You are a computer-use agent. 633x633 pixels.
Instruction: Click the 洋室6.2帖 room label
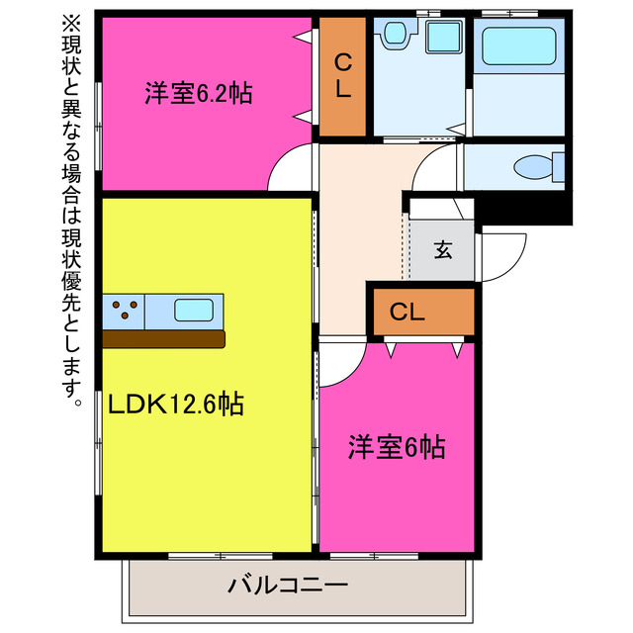pos(198,95)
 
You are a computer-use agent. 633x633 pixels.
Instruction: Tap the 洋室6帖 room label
pos(396,447)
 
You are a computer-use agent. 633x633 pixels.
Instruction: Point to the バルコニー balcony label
pos(288,585)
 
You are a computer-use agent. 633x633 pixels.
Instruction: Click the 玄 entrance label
pos(442,250)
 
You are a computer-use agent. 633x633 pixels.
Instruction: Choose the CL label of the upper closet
pos(342,76)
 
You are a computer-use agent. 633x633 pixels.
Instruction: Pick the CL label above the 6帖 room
pos(407,313)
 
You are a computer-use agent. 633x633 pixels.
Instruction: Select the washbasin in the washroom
pos(400,35)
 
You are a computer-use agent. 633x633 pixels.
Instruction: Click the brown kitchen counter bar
pos(164,338)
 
